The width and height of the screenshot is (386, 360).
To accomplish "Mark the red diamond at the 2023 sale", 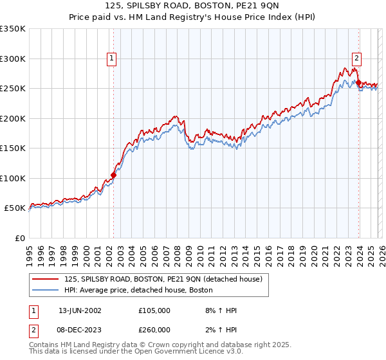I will pos(358,82).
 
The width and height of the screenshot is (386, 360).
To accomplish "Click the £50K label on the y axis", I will pos(15,208).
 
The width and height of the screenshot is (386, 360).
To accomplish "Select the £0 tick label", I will pos(19,238).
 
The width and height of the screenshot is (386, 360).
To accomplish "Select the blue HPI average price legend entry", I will pos(138,291).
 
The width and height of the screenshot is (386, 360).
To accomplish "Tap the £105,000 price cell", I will pos(154,310).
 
